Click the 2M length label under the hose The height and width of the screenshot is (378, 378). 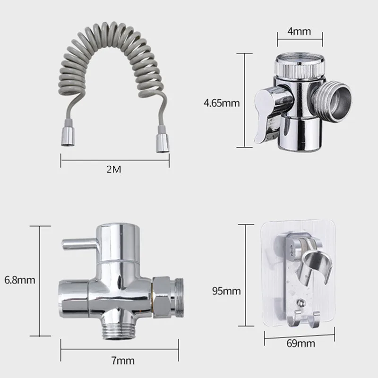pyautogui.click(x=113, y=169)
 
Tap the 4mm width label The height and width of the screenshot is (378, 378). pyautogui.click(x=299, y=31)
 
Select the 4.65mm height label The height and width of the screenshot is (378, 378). pyautogui.click(x=222, y=103)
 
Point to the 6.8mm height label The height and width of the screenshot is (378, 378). pyautogui.click(x=20, y=280)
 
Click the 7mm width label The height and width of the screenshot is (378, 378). pyautogui.click(x=123, y=361)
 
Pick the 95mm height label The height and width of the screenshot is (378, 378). pyautogui.click(x=226, y=291)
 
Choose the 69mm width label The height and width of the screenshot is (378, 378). pyautogui.click(x=301, y=344)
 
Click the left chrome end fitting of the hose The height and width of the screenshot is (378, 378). pyautogui.click(x=68, y=136)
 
